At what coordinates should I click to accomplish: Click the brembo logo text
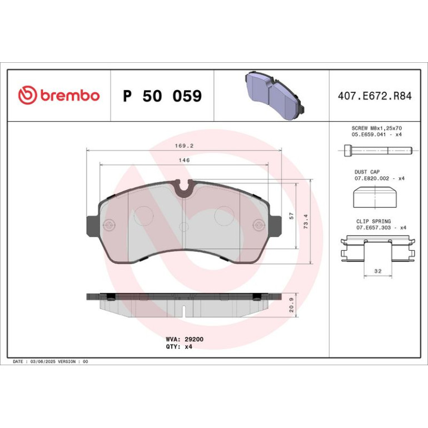tap(70, 96)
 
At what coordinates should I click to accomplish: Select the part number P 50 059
tap(162, 96)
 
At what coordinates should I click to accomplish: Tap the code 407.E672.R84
tap(375, 96)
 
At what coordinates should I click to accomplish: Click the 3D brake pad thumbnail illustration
tap(275, 95)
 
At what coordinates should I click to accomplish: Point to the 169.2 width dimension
tap(184, 146)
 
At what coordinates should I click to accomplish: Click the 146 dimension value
tap(184, 160)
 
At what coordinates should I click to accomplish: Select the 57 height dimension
tap(292, 216)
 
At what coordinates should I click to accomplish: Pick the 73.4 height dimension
tap(306, 221)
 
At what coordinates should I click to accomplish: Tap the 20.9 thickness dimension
tap(292, 305)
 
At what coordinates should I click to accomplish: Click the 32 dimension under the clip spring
tap(378, 271)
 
